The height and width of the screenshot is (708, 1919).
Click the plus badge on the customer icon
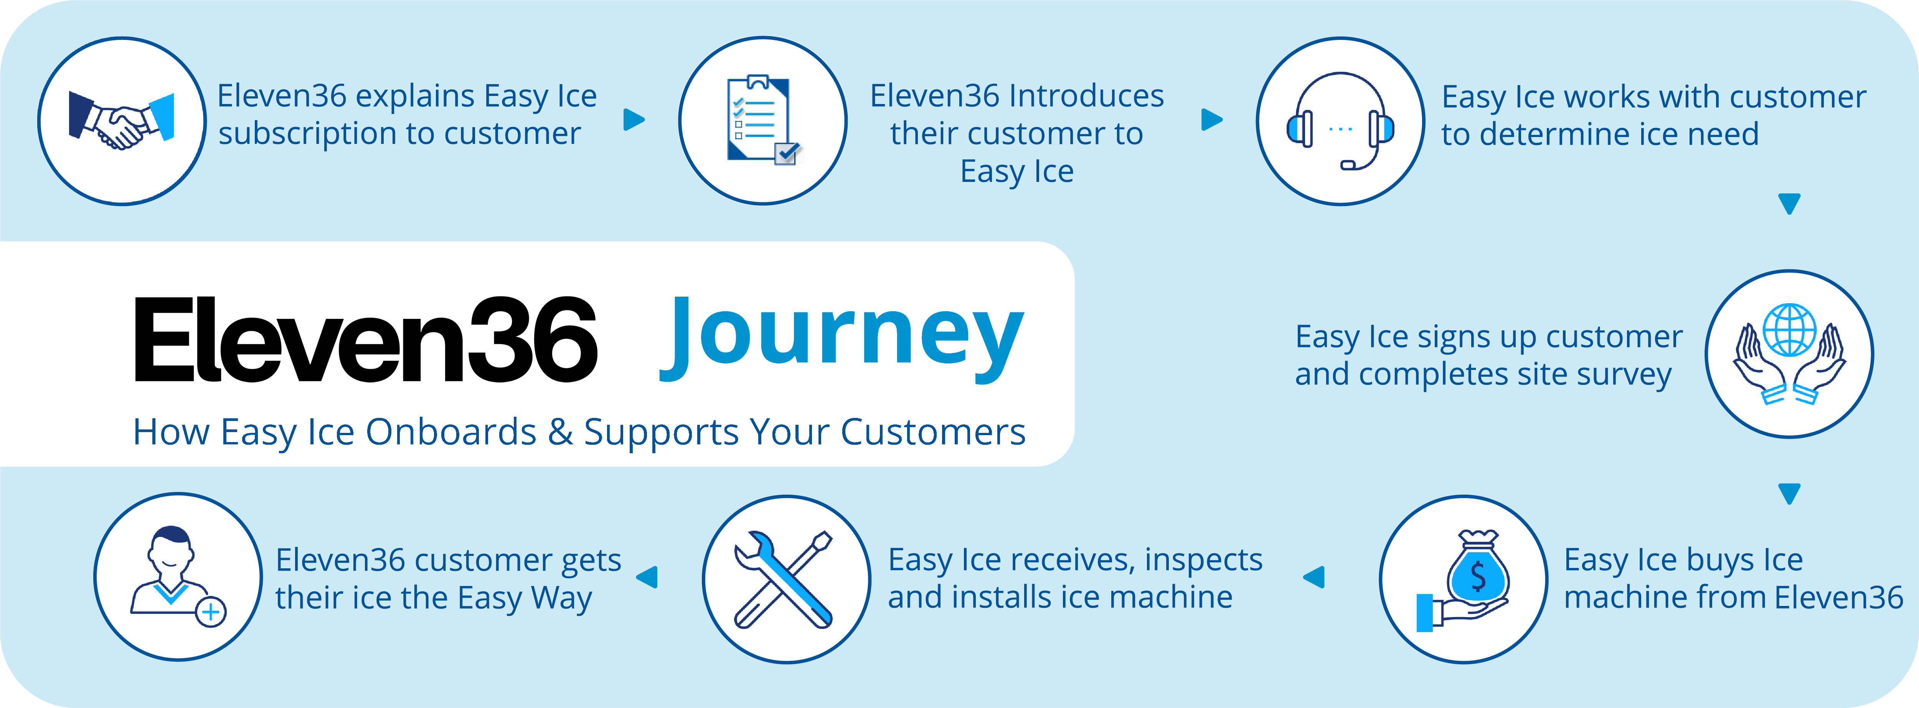[x=211, y=612]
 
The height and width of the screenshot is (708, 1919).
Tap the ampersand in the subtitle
[x=559, y=432]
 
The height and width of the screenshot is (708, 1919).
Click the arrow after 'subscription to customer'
[x=634, y=119]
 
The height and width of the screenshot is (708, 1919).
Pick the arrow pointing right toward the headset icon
[x=1212, y=119]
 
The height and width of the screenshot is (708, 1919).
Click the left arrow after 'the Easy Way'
[x=647, y=577]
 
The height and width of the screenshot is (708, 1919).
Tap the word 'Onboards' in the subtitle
[x=451, y=432]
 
